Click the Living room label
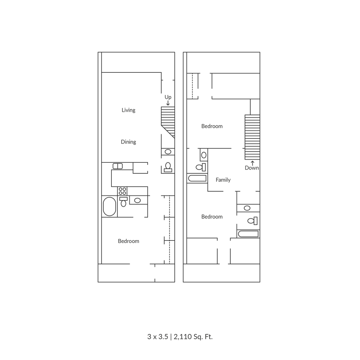pyautogui.click(x=129, y=110)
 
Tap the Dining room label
pyautogui.click(x=129, y=142)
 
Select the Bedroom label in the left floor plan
pyautogui.click(x=129, y=241)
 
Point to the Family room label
pyautogui.click(x=223, y=180)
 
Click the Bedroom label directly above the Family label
pyautogui.click(x=212, y=126)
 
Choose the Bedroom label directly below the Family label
pyautogui.click(x=212, y=217)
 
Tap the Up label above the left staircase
pyautogui.click(x=168, y=97)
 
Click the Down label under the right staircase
pyautogui.click(x=252, y=168)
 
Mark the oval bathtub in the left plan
pyautogui.click(x=109, y=206)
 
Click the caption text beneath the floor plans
pyautogui.click(x=180, y=337)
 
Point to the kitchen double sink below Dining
pyautogui.click(x=118, y=166)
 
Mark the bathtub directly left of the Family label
pyautogui.click(x=196, y=179)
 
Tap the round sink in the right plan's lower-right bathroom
pyautogui.click(x=247, y=208)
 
